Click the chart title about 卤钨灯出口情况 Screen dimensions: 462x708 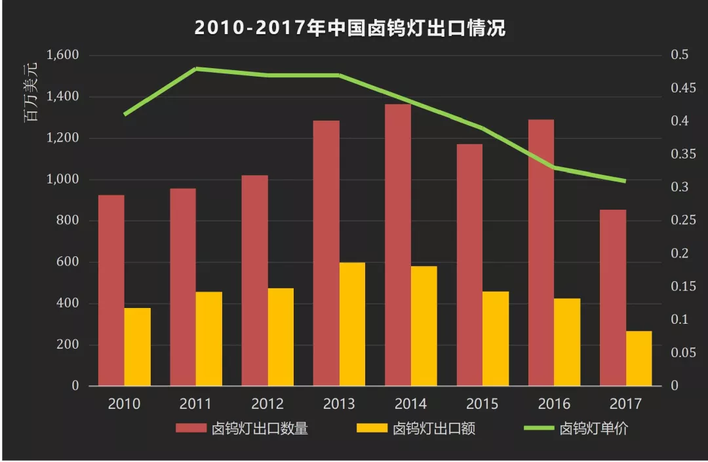pos(350,29)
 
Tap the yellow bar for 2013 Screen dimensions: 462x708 pos(353,324)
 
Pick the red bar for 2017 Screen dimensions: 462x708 pos(613,298)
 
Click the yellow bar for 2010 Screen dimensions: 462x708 pos(138,347)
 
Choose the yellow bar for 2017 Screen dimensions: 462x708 pos(639,358)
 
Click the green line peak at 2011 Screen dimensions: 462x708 pos(196,68)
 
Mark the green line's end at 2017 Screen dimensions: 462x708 pos(625,181)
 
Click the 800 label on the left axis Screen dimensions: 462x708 pos(66,221)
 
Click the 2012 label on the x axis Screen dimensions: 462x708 pos(267,404)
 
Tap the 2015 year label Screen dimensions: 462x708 pos(482,404)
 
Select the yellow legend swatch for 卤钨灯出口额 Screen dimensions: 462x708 pos(371,429)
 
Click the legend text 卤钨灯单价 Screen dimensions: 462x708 pos(594,429)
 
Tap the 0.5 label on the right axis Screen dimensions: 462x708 pos(679,55)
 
